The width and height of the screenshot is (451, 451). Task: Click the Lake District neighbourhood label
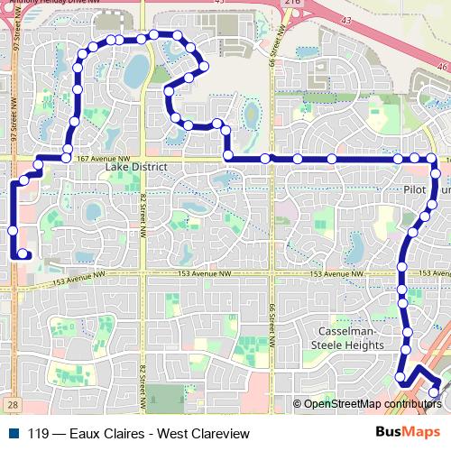click(x=136, y=168)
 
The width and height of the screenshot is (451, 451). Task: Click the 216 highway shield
click(x=290, y=4)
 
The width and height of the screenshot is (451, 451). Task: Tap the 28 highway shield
click(x=10, y=406)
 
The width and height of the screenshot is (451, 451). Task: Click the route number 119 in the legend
click(x=39, y=434)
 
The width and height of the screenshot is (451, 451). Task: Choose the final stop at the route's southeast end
click(x=435, y=392)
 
